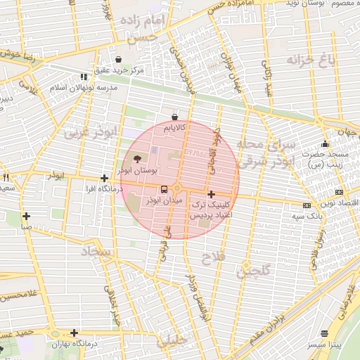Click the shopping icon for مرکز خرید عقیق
pyautogui.click(x=118, y=59)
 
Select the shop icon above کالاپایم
pyautogui.click(x=174, y=117)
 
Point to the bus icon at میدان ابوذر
pyautogui.click(x=164, y=189)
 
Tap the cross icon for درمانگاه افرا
pyautogui.click(x=104, y=179)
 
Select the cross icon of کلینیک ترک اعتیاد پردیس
pyautogui.click(x=211, y=194)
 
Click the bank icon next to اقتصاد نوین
pyautogui.click(x=340, y=192)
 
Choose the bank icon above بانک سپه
pyautogui.click(x=307, y=205)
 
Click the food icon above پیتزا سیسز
pyautogui.click(x=323, y=333)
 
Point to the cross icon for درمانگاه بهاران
pyautogui.click(x=74, y=333)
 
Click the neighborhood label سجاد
pyautogui.click(x=97, y=251)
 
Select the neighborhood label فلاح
pyautogui.click(x=212, y=258)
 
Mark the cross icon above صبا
pyautogui.click(x=26, y=217)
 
